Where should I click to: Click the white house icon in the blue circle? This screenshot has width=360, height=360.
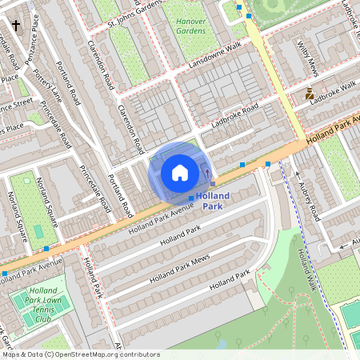coord(180,172)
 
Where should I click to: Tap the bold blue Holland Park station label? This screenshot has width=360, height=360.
coord(212,201)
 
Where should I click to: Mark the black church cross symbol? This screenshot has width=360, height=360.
coord(16,26)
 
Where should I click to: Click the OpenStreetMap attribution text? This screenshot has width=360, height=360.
coord(81,354)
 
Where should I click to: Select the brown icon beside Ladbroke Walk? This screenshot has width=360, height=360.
coord(310,94)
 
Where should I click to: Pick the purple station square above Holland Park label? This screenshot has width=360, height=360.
coord(212,185)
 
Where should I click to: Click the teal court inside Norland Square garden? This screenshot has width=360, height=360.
coord(38,231)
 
